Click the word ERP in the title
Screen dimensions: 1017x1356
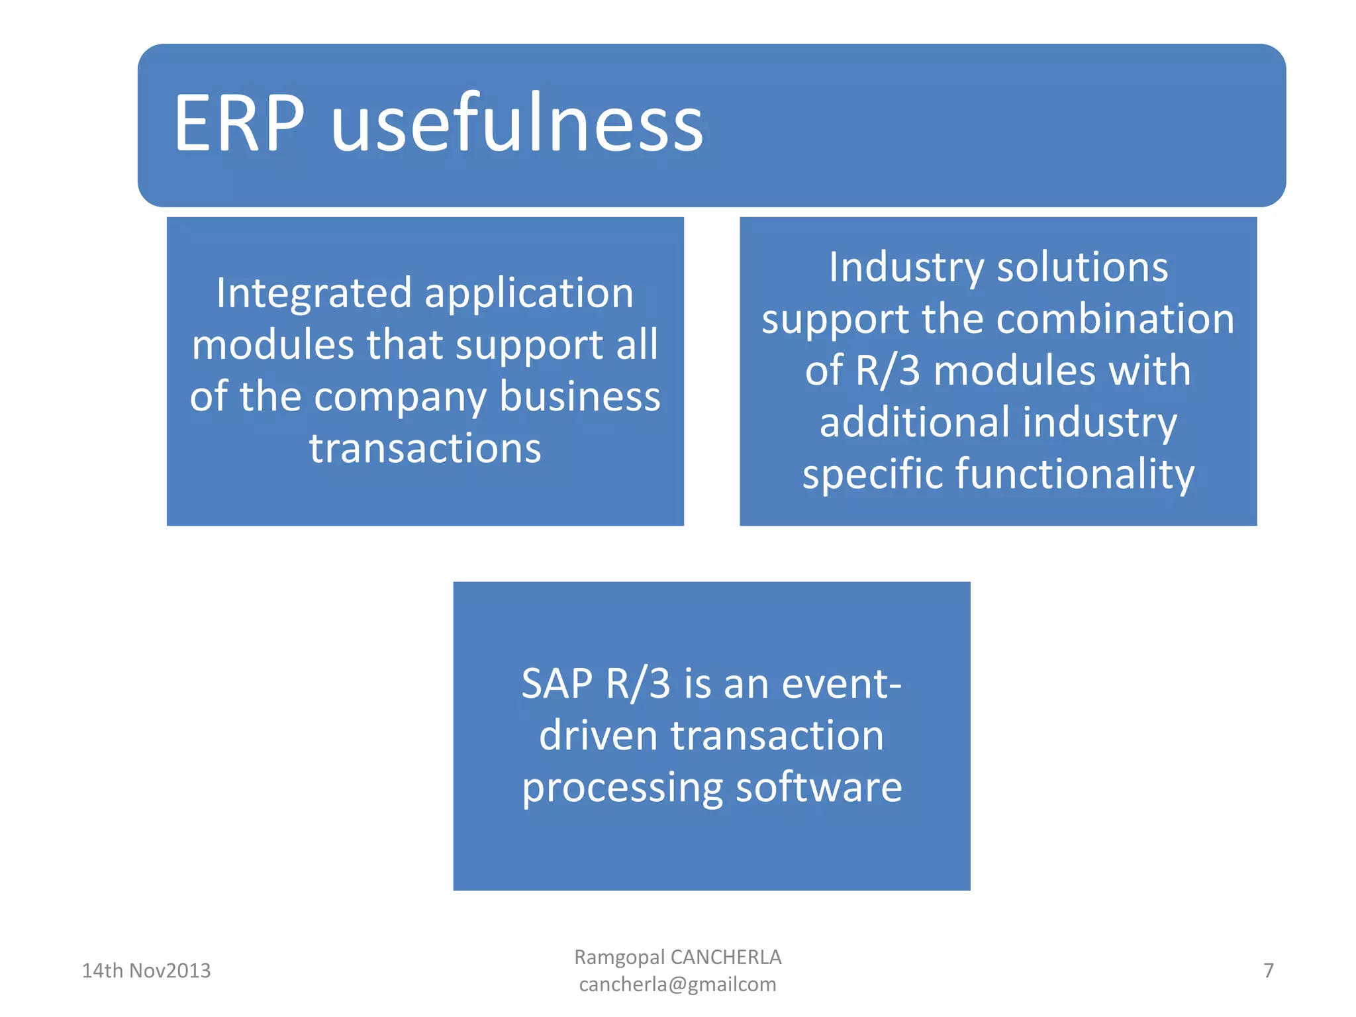pyautogui.click(x=239, y=124)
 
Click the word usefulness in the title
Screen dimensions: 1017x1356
pyautogui.click(x=517, y=124)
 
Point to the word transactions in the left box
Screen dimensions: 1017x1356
pyautogui.click(x=425, y=449)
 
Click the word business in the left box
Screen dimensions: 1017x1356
pyautogui.click(x=580, y=397)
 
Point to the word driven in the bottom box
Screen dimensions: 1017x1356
pyautogui.click(x=599, y=736)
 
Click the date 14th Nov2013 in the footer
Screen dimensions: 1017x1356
pyautogui.click(x=146, y=971)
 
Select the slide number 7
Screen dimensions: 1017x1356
pyautogui.click(x=1268, y=971)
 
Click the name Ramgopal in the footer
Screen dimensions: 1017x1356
pyautogui.click(x=619, y=957)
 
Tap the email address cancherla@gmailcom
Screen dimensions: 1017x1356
pyautogui.click(x=677, y=985)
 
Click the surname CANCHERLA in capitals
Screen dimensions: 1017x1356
pyautogui.click(x=726, y=957)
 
